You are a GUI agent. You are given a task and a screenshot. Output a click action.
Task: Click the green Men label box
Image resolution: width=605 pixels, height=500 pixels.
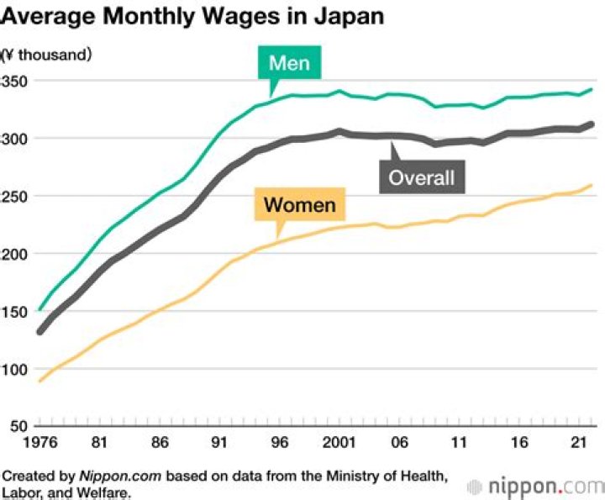[x=290, y=63]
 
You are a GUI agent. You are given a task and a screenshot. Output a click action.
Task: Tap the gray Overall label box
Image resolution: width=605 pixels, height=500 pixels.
[x=421, y=177]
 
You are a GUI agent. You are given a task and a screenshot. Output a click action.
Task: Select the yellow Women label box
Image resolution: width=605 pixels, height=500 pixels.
[x=299, y=204]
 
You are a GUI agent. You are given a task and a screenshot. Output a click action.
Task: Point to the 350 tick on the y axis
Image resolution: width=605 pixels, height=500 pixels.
[x=15, y=81]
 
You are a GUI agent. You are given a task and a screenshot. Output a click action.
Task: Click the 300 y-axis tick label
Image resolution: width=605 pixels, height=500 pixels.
[x=15, y=139]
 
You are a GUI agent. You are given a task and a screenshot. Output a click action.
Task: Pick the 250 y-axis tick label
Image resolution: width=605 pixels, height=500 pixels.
[x=15, y=196]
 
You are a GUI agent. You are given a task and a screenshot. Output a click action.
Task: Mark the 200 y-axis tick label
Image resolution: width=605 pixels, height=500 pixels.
[x=15, y=254]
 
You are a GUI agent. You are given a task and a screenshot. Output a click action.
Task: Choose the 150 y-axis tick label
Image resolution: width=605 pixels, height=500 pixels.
[x=15, y=312]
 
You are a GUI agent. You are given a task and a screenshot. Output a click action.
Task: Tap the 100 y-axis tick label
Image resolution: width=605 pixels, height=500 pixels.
[x=15, y=370]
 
